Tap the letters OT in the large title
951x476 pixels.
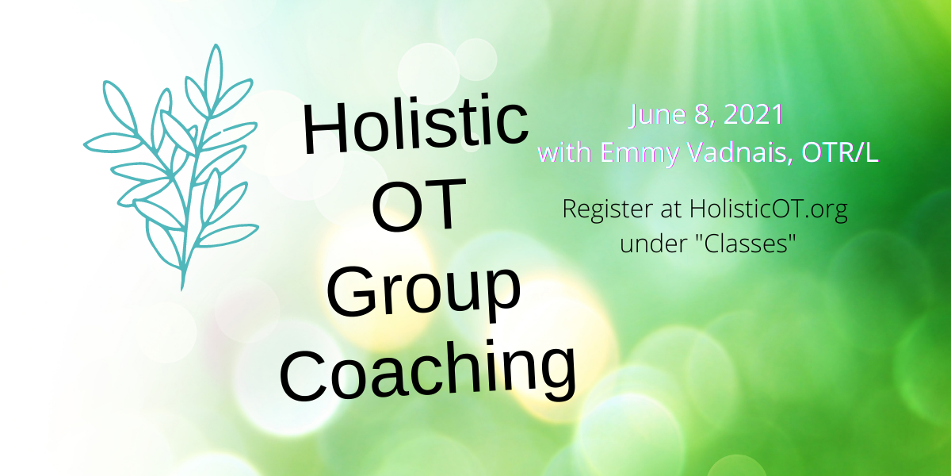pos(418,205)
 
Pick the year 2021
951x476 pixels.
pos(753,115)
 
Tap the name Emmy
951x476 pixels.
pos(640,152)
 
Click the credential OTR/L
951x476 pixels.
pos(839,152)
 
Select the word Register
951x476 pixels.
pos(608,210)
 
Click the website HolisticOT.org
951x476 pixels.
pos(769,210)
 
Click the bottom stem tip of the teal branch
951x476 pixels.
pos(182,290)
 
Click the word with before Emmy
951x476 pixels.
pos(566,152)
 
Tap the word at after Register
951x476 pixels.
pos(671,210)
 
